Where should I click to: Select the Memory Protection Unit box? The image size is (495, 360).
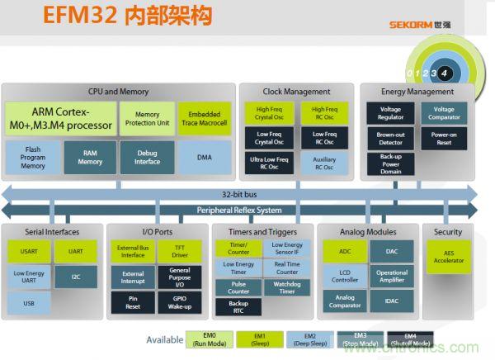[147, 119]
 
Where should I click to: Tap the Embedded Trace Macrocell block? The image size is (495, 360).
[205, 119]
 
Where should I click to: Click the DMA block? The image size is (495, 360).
[205, 156]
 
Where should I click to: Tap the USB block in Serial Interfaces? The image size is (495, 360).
[29, 303]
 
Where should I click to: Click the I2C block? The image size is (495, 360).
[76, 277]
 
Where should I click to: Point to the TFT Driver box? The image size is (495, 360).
[179, 250]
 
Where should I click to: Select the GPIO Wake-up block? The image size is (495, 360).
[179, 302]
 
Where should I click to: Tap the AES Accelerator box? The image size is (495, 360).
[448, 256]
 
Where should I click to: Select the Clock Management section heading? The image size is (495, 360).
[296, 92]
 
